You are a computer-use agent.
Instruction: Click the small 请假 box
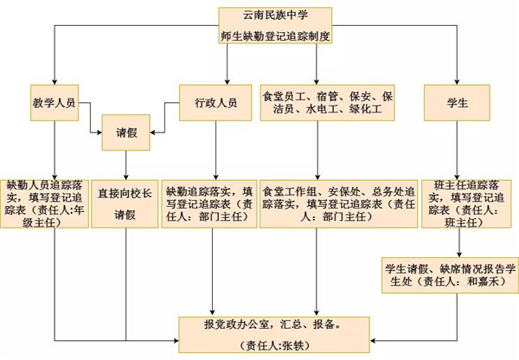127,135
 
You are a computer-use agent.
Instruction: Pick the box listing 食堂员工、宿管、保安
328,103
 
